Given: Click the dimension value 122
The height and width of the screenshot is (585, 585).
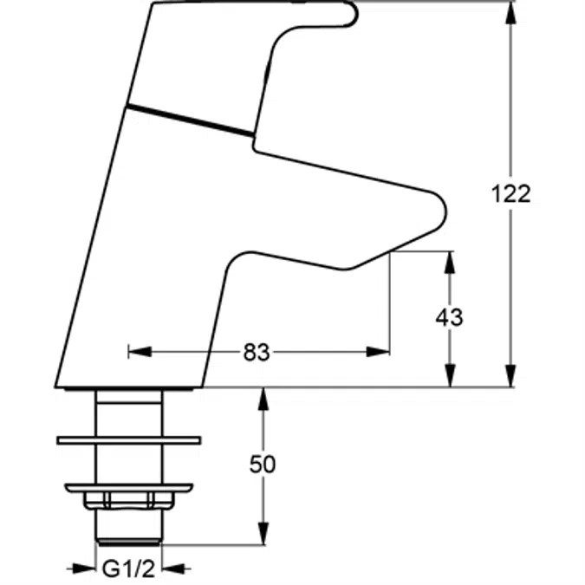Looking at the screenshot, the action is coord(510,194).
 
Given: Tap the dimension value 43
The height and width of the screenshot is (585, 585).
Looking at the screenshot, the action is coord(449,318).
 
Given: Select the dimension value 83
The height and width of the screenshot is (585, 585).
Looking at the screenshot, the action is coord(257,352).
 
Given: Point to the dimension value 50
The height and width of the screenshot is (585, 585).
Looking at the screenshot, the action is coord(263,465).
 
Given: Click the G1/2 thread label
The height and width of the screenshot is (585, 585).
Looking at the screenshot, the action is coord(128,569).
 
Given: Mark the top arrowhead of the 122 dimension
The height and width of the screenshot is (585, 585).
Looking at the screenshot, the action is coord(510,13).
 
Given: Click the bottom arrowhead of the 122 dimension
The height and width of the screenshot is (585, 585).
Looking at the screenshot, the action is coord(510,375).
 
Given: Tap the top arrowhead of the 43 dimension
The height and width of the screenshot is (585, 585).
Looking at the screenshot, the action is coord(451,263).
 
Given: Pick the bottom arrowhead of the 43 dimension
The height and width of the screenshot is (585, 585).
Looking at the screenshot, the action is coord(451,375).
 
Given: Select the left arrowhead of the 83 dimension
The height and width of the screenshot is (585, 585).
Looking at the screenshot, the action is coord(140,352).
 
